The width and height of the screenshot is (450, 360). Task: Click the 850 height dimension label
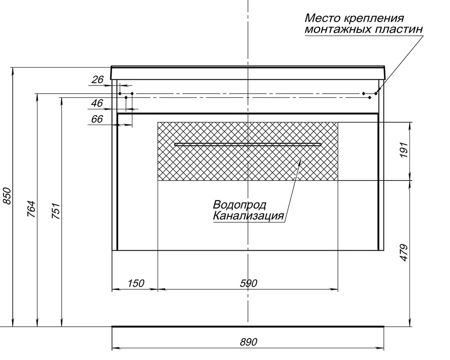7,196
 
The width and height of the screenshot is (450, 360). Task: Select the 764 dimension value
31,209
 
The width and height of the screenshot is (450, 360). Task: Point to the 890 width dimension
248,342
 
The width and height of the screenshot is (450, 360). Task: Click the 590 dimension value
248,283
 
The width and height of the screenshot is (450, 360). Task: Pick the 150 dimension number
135,283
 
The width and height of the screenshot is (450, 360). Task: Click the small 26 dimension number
98,80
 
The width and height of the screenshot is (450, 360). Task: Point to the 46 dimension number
97,103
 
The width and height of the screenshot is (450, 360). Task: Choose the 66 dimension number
97,119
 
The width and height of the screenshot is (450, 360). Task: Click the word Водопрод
239,205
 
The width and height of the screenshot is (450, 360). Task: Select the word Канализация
248,216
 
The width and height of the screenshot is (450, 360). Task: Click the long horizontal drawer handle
248,144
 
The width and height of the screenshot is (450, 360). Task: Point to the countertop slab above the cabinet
248,72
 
